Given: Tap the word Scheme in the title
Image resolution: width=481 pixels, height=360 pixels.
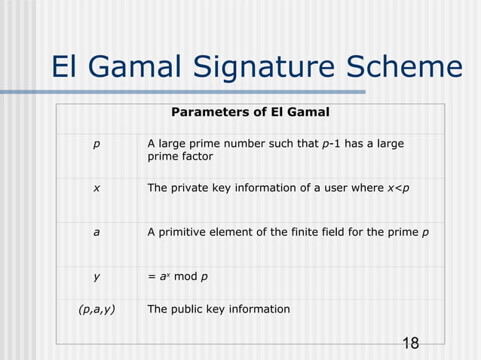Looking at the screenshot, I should (406, 68).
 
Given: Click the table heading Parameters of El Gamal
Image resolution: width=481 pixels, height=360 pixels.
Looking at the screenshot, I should (250, 113).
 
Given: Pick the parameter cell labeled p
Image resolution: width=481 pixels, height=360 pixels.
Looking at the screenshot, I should (96, 144).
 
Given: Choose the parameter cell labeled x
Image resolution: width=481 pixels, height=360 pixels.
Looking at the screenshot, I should (96, 188).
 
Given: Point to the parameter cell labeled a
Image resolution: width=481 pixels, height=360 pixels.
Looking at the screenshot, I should (96, 233).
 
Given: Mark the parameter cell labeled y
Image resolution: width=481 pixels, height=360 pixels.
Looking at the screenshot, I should (96, 276).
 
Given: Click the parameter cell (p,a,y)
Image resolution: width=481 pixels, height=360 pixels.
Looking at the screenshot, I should (97, 309).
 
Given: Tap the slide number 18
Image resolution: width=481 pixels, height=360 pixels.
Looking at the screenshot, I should (411, 343).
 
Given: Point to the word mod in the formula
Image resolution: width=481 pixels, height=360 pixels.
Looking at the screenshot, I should (185, 276).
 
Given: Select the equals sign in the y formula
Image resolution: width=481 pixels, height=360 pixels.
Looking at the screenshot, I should (152, 276).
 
